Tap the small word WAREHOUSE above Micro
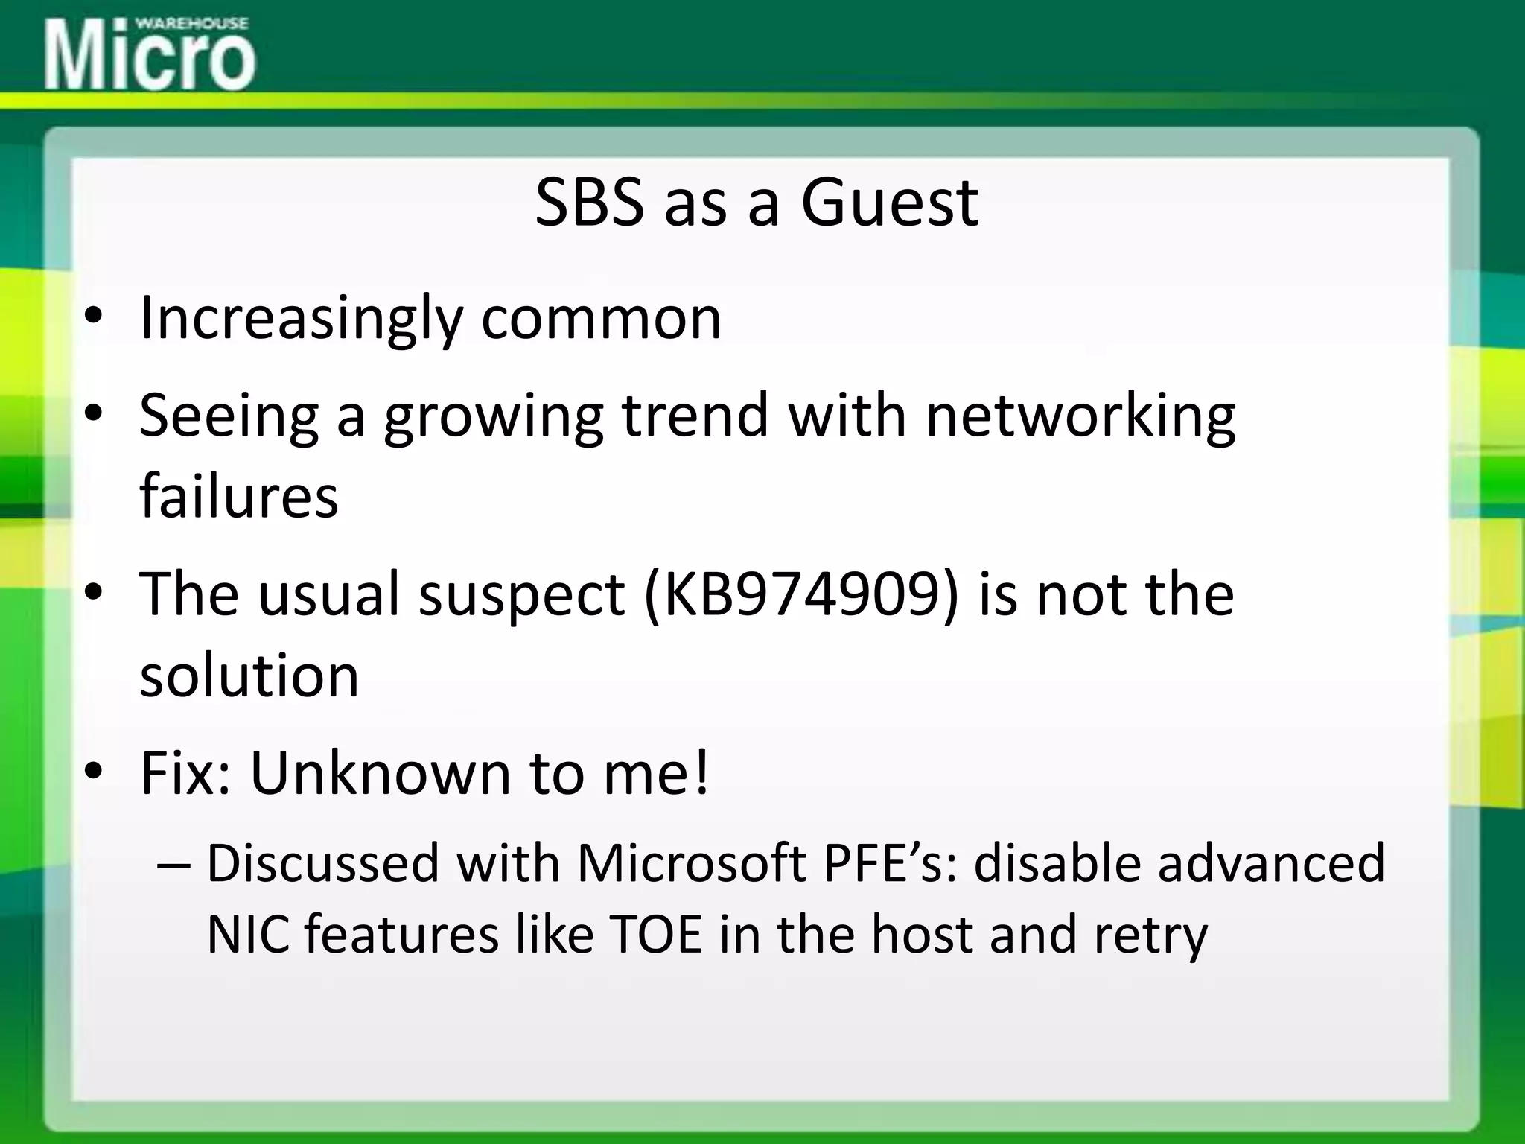191,23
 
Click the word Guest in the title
889,203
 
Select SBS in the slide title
589,203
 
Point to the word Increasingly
301,319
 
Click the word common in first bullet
601,319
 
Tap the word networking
1080,416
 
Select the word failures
239,496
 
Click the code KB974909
800,594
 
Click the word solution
249,676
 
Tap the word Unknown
380,773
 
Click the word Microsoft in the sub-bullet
692,863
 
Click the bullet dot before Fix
92,772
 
